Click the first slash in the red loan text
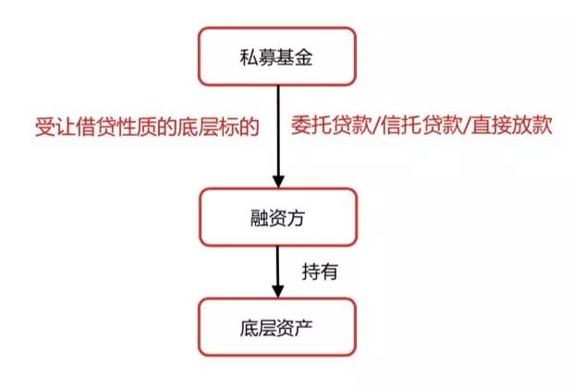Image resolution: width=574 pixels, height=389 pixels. tap(369, 125)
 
